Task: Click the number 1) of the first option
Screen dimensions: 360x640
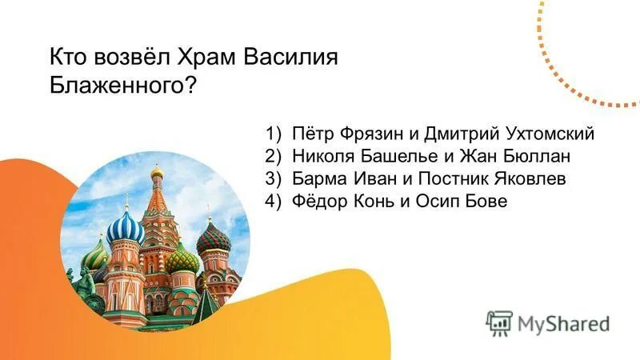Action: coord(274,133)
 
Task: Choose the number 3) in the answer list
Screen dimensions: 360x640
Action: coord(274,179)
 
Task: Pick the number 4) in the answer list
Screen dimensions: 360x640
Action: coord(274,202)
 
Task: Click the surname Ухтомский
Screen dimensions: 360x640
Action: coord(550,133)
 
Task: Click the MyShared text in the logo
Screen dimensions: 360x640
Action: coord(563,323)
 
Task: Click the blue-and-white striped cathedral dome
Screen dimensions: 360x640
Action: coord(126,229)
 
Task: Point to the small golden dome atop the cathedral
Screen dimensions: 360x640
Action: coord(157,172)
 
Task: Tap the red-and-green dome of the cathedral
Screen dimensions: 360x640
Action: coord(214,238)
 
